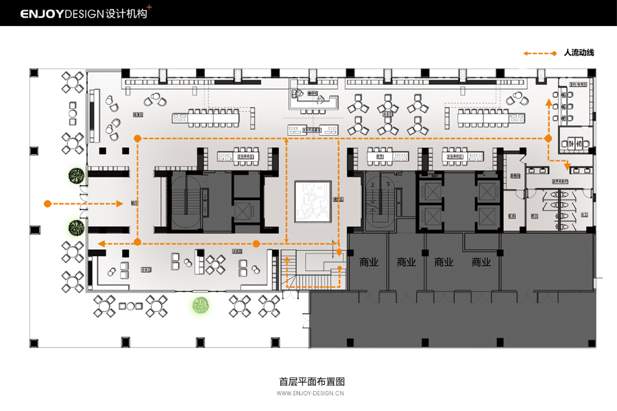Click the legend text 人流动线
(579, 53)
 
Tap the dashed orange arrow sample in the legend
(539, 53)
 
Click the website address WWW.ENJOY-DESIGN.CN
(311, 394)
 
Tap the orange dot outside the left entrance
(47, 203)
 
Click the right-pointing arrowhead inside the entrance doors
(120, 203)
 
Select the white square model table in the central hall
(313, 201)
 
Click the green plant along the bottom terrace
(200, 306)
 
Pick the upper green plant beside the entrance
(75, 176)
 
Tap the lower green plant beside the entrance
(75, 227)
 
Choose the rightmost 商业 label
(481, 262)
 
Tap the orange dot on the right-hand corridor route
(548, 138)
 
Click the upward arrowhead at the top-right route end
(548, 101)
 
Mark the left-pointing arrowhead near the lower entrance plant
(101, 243)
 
